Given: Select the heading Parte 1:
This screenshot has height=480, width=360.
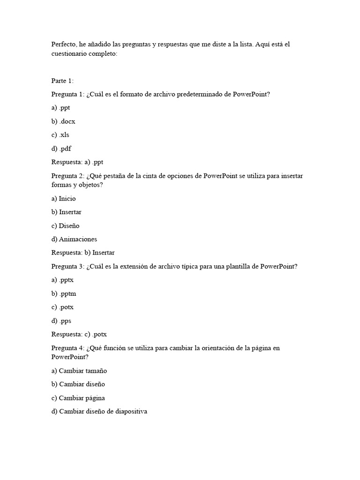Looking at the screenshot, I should pos(62,81).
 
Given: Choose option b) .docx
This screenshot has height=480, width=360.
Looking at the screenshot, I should pos(63,121).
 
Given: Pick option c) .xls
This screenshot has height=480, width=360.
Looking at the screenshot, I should pos(60,135).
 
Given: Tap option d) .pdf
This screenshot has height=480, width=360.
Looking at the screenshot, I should pos(61,149).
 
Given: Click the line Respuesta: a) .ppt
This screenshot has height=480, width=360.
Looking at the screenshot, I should pos(77,162).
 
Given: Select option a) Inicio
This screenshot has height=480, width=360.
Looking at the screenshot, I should pos(63,198).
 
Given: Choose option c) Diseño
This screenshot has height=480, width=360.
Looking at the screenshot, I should pos(65,225).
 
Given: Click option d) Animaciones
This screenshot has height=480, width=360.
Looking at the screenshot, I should pos(74,239).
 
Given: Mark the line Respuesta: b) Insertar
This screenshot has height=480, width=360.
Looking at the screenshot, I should pos(83,253).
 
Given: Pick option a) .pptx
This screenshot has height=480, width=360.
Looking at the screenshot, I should pos(63,280).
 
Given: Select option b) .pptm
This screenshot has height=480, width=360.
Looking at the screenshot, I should pos(64,293).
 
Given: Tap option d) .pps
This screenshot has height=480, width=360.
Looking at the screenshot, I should pos(61,321).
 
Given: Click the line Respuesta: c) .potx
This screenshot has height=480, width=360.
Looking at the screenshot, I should pos(79,335).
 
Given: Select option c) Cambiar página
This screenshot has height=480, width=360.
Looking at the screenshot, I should pos(78,398).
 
